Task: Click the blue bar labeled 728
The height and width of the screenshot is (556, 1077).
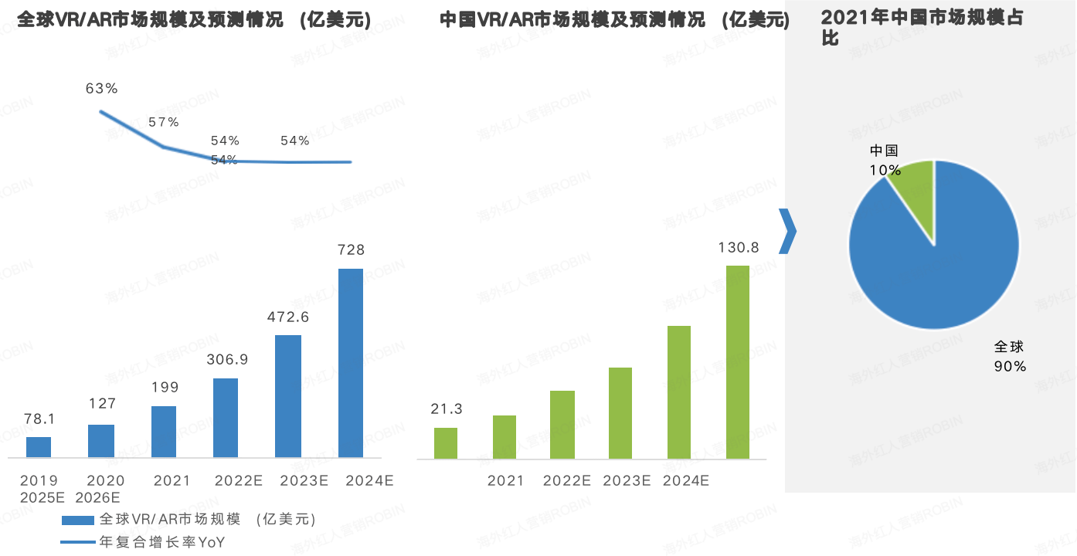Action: (351, 363)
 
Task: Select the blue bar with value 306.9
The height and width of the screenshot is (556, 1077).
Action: (226, 418)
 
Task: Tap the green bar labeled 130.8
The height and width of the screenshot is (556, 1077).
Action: (738, 362)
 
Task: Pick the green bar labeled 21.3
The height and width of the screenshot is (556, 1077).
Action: (446, 443)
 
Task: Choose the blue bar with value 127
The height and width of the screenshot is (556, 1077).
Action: (101, 441)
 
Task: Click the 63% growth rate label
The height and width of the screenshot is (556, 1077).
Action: (102, 89)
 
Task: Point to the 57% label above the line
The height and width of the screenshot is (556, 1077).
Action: (164, 122)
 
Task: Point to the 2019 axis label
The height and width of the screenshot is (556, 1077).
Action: (39, 481)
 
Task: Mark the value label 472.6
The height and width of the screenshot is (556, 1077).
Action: (288, 317)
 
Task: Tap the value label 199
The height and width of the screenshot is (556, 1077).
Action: (164, 388)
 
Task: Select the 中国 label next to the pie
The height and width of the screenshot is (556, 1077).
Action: (884, 151)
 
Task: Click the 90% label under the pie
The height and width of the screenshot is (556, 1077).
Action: (1010, 367)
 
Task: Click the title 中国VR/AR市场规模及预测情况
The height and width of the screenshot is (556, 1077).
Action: (615, 20)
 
